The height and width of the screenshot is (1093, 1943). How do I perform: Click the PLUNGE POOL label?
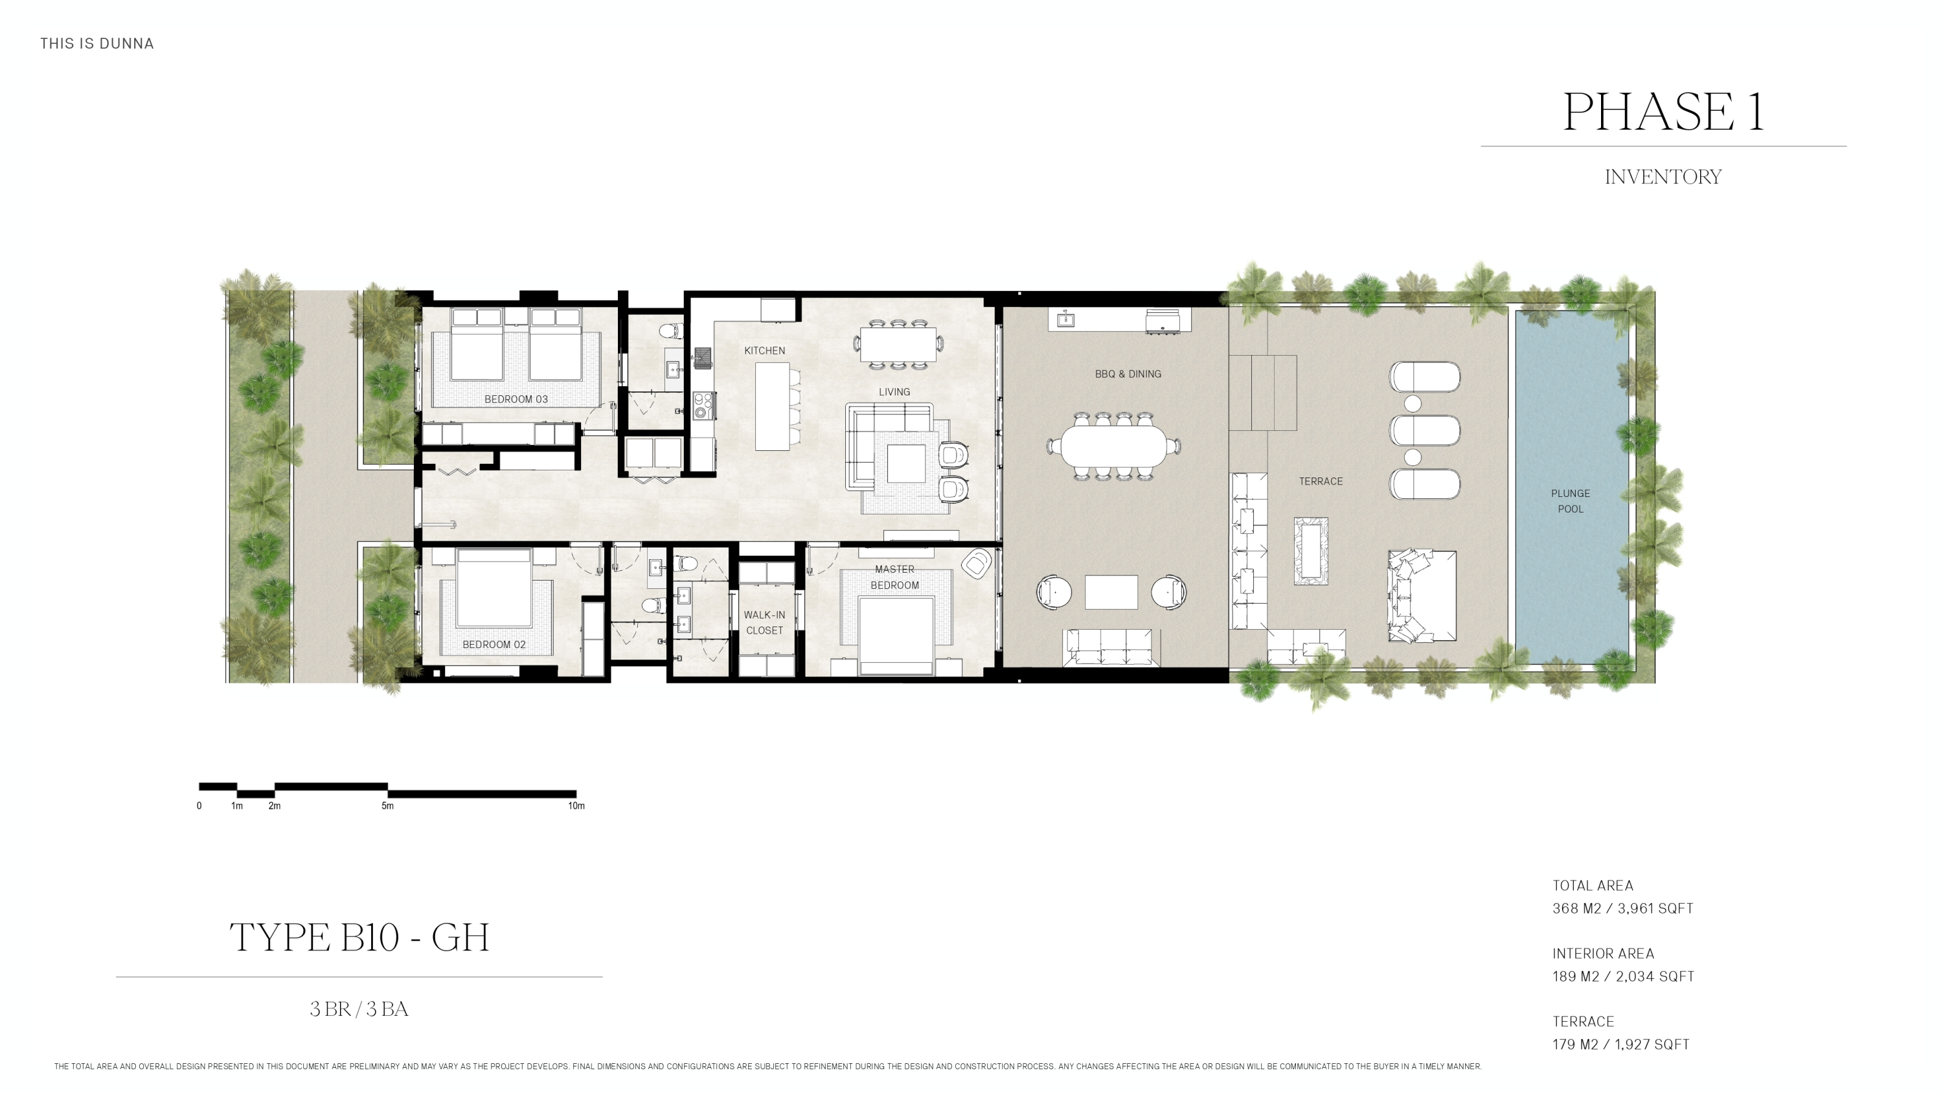(1570, 501)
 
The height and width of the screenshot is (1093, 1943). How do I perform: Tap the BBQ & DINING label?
(1128, 374)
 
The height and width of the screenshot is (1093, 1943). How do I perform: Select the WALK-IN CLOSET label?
(764, 623)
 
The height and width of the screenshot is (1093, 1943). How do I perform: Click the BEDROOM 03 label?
(516, 399)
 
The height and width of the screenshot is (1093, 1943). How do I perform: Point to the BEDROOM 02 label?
(494, 644)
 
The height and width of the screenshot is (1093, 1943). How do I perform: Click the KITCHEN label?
(764, 351)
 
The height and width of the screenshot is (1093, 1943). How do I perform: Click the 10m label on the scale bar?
(576, 805)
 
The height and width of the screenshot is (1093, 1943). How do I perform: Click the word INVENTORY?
(1663, 176)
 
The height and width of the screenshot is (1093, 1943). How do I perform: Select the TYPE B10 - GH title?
(359, 938)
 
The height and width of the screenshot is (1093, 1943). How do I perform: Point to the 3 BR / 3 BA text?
(359, 1009)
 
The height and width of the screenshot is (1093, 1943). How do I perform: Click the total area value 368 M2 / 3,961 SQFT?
(1622, 908)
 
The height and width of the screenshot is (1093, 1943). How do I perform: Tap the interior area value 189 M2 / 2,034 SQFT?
(1622, 976)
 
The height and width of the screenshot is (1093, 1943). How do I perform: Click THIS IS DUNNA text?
(97, 44)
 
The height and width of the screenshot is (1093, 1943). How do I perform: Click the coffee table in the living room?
(905, 463)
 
